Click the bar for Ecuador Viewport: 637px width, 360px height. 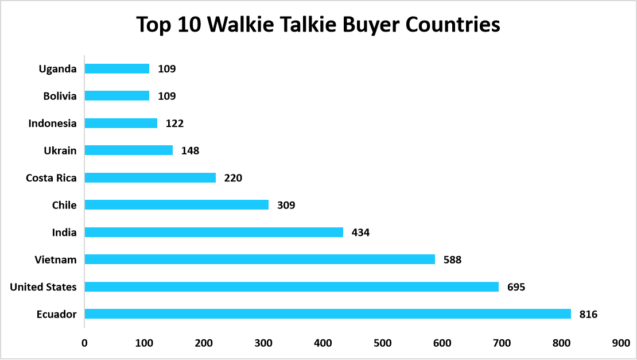[x=328, y=314]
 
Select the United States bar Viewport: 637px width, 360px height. [x=292, y=287]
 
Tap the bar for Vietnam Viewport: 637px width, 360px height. [x=259, y=260]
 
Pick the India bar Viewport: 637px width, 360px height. [x=213, y=232]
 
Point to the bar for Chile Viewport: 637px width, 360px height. [x=176, y=205]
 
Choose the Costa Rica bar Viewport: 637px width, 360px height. [x=150, y=177]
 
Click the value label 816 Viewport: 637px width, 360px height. [x=588, y=314]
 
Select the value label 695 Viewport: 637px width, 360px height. [x=516, y=287]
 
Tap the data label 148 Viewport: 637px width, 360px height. [x=190, y=150]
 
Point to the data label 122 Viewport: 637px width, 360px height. [x=174, y=123]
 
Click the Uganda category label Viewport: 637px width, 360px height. [x=57, y=69]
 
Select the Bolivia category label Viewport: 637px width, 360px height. [x=60, y=96]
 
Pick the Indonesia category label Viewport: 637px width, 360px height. [x=52, y=123]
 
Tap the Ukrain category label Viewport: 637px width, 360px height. [x=60, y=150]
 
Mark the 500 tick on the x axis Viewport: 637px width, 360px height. [x=382, y=343]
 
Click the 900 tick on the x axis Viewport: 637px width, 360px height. [x=620, y=343]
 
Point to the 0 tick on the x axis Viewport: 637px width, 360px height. [x=84, y=343]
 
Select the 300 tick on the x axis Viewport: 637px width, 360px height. [x=263, y=343]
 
